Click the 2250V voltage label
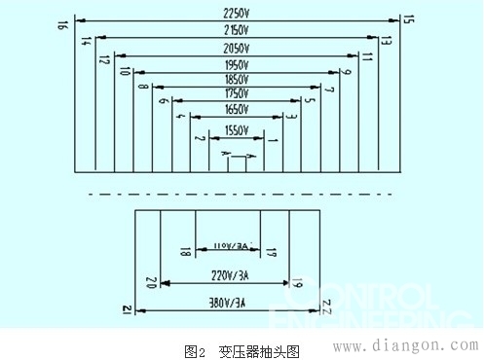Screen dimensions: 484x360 coord(236,13)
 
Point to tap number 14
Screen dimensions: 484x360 coord(86,41)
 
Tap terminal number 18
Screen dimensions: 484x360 coord(184,253)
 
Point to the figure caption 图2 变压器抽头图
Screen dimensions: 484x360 coord(242,350)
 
